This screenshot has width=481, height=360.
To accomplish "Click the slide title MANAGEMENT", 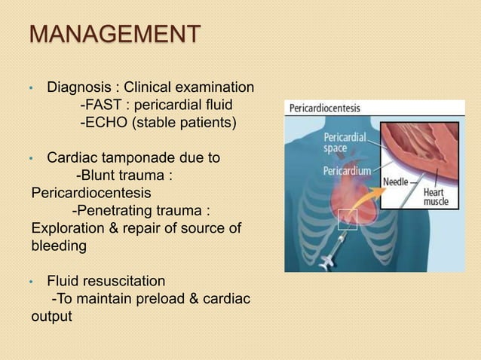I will point(115,34).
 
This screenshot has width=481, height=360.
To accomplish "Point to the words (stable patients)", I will point(184,121).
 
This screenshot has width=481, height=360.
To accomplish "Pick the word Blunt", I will point(106,175).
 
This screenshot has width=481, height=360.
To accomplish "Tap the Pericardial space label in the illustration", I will point(345,143).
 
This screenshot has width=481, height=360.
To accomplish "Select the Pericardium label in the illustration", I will point(347,171).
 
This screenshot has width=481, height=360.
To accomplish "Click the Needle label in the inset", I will point(397,182).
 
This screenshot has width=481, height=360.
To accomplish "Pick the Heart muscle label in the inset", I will point(435,197).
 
